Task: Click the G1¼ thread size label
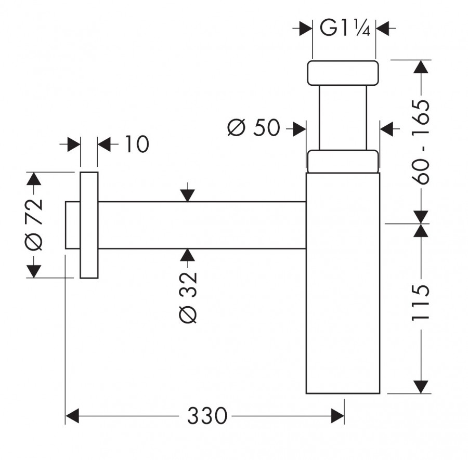pyautogui.click(x=345, y=29)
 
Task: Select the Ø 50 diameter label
pyautogui.click(x=254, y=128)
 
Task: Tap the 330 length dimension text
pyautogui.click(x=207, y=416)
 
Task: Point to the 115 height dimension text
pyautogui.click(x=420, y=303)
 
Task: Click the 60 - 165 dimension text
pyautogui.click(x=420, y=142)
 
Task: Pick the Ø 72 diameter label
pyautogui.click(x=34, y=225)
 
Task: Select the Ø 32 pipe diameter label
pyautogui.click(x=188, y=297)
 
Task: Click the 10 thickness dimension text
pyautogui.click(x=136, y=144)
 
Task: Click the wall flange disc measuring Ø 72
pyautogui.click(x=89, y=225)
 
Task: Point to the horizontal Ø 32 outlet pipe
pyautogui.click(x=202, y=225)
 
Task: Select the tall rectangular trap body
pyautogui.click(x=343, y=283)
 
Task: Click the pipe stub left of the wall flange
pyautogui.click(x=72, y=225)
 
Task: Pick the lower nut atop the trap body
pyautogui.click(x=343, y=161)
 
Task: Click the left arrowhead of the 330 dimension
pyautogui.click(x=72, y=416)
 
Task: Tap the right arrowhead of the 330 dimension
pyautogui.click(x=337, y=416)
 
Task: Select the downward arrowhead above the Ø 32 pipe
pyautogui.click(x=187, y=195)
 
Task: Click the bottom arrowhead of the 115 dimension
pyautogui.click(x=421, y=387)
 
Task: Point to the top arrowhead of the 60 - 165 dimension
pyautogui.click(x=421, y=67)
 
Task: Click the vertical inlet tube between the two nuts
pyautogui.click(x=343, y=118)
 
